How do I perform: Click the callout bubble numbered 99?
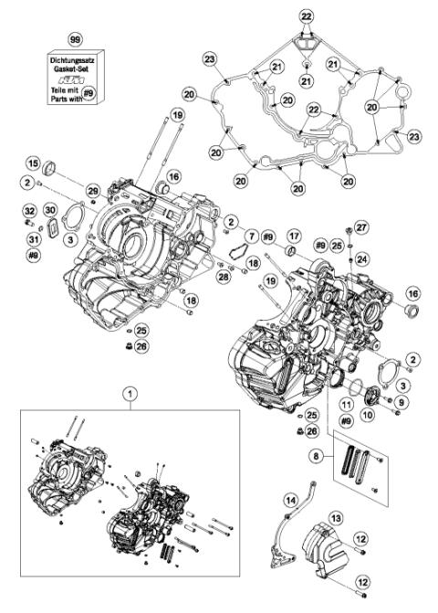coord(76,41)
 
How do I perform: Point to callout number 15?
coord(32,164)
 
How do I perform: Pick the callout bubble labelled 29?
coord(92,189)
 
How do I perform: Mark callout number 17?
coord(294,236)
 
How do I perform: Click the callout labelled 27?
coord(360,227)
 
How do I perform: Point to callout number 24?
coord(361,259)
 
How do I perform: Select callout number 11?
coord(347,403)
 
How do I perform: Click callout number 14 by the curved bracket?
coord(290,500)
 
